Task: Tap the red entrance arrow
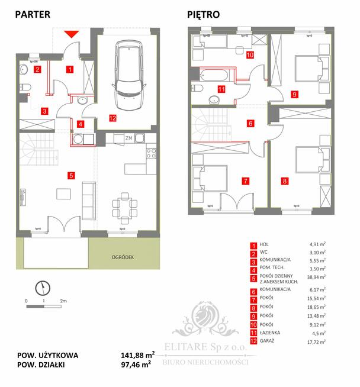[x=70, y=34]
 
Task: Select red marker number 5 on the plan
[x=70, y=175]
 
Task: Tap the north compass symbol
[x=43, y=288]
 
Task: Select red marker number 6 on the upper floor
[x=250, y=124]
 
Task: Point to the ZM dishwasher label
[x=128, y=138]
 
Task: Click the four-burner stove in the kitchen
[x=150, y=152]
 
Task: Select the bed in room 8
[x=310, y=159]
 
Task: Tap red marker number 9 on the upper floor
[x=294, y=93]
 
